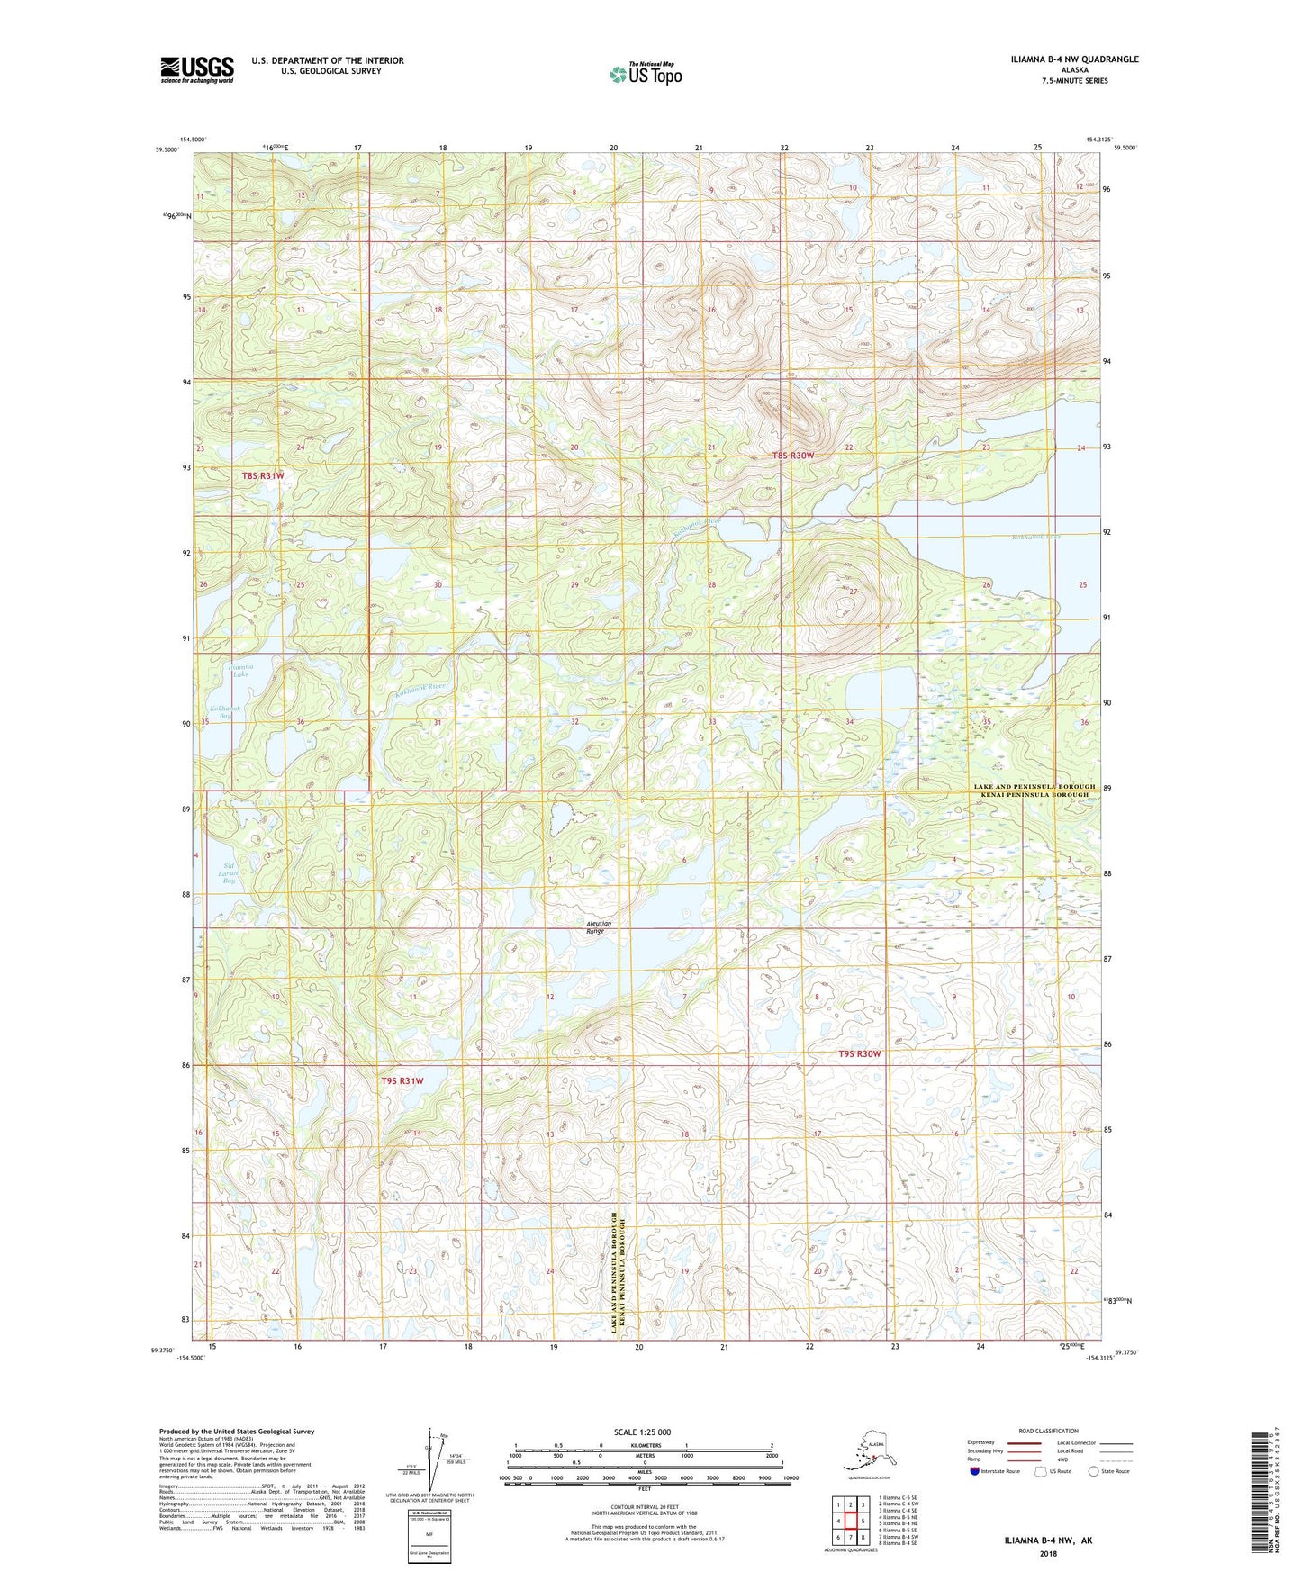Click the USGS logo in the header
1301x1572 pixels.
coord(197,69)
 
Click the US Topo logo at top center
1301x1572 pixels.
coord(645,74)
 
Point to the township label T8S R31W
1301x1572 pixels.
coord(263,475)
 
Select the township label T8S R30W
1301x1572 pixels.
coord(792,456)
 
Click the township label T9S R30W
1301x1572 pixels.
coord(859,1053)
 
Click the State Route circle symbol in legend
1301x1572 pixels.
coord(1094,1472)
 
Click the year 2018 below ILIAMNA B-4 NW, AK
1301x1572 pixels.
coord(1048,1553)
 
